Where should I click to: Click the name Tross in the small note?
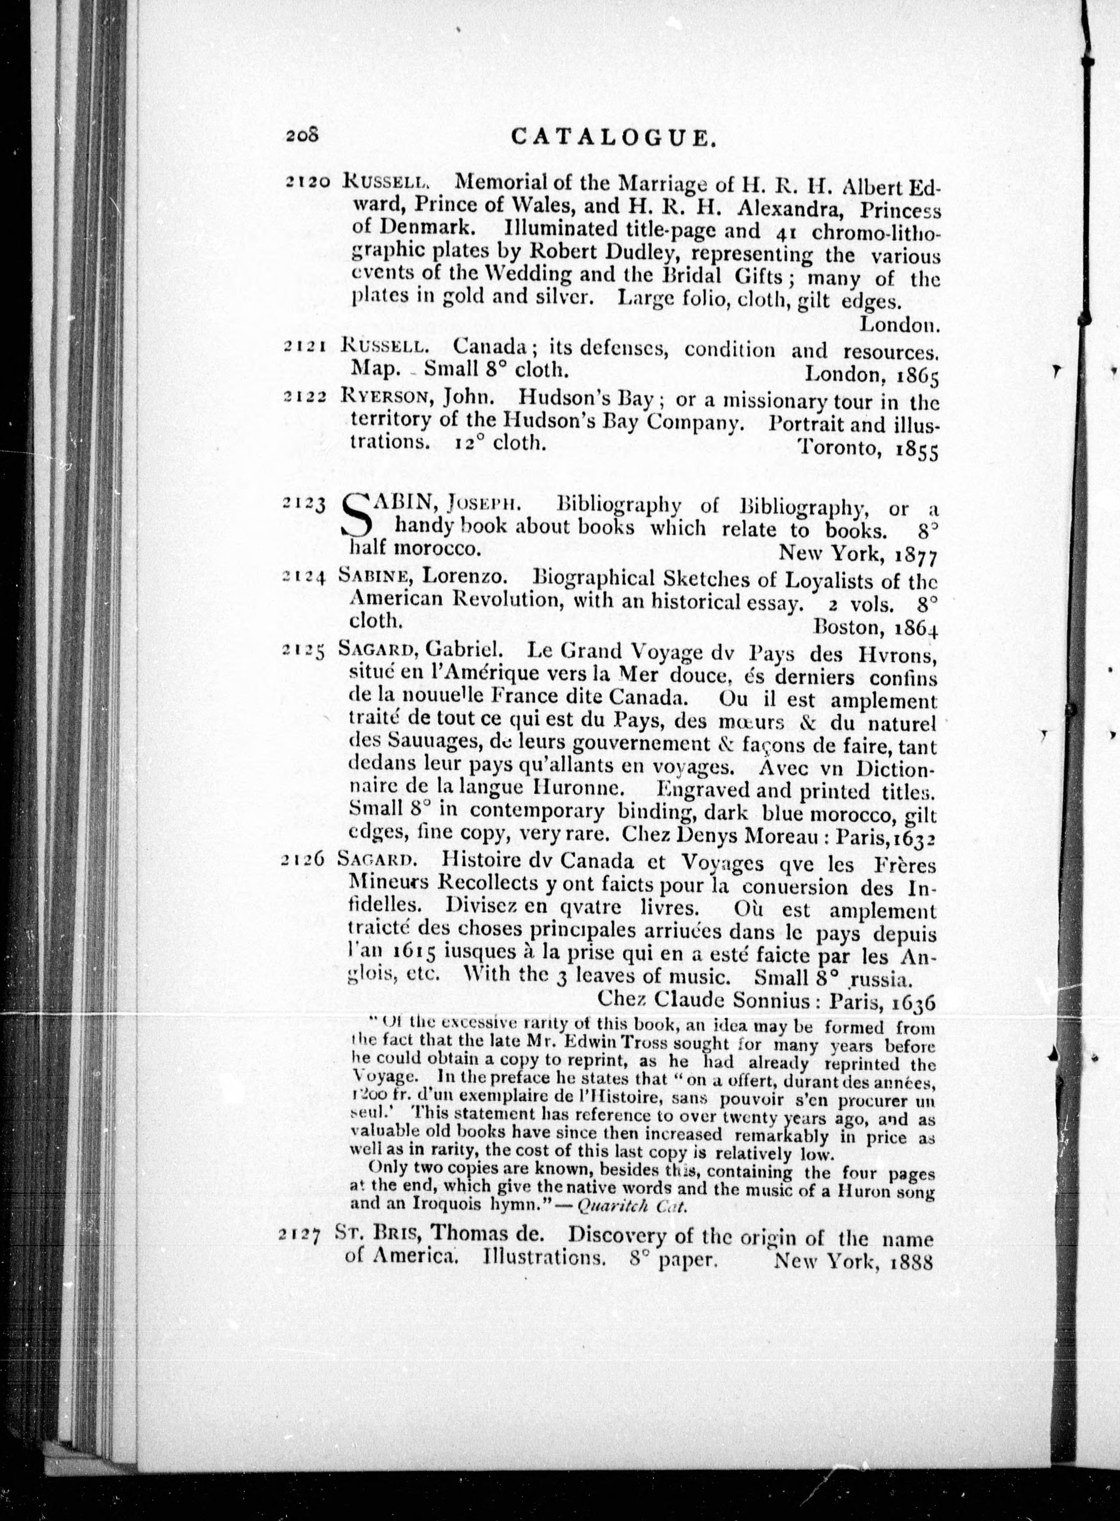(639, 1045)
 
